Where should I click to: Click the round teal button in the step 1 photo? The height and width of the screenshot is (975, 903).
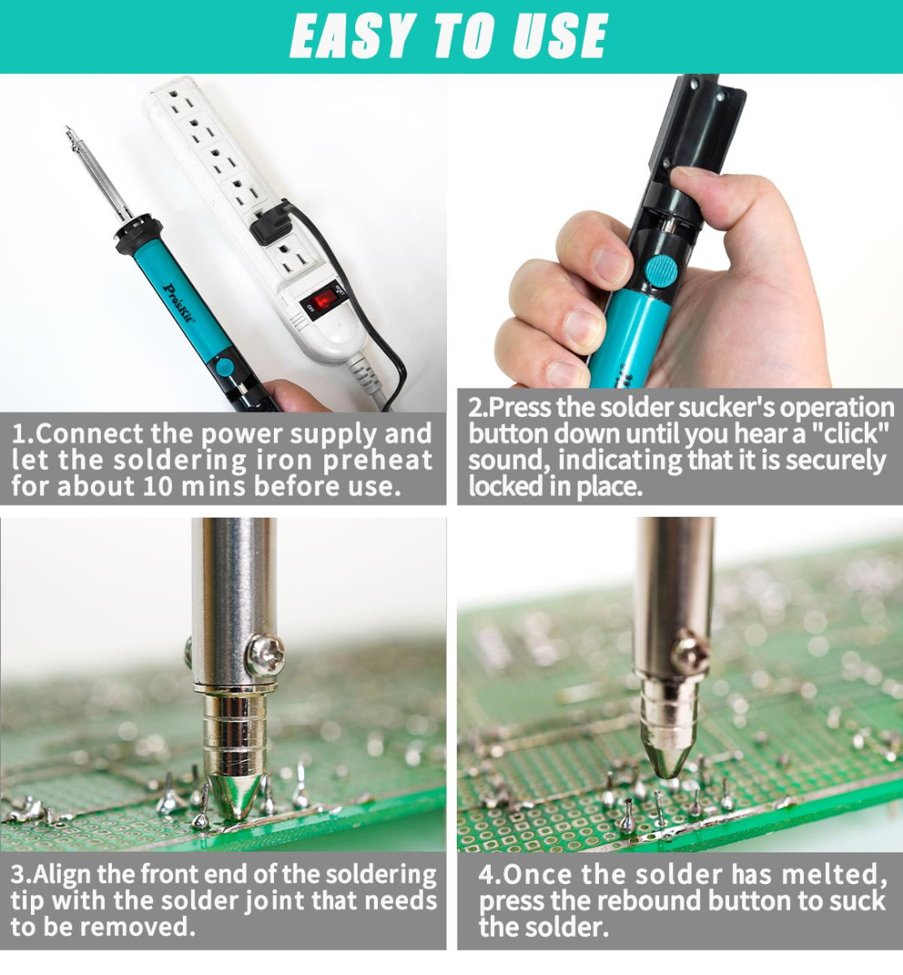(224, 368)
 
